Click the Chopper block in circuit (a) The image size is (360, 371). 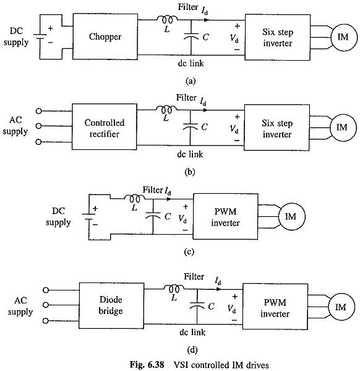[105, 37]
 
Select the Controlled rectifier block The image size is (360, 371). [105, 127]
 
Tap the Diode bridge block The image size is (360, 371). [111, 305]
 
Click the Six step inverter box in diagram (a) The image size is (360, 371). [278, 37]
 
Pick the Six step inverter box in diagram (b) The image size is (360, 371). [276, 128]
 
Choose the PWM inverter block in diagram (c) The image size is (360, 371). [226, 217]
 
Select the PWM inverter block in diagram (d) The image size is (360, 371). [275, 307]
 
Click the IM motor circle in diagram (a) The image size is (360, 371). [343, 37]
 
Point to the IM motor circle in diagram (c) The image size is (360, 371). [292, 217]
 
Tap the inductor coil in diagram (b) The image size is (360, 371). [166, 109]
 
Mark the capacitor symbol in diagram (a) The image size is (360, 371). [192, 37]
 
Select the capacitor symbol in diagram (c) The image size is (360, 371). [153, 216]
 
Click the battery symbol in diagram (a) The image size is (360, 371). [40, 37]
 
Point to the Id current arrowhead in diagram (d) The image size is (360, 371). [219, 289]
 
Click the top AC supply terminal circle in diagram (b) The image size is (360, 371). [38, 111]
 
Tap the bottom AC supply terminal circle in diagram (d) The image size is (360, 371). [46, 321]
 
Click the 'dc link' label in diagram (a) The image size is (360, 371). [191, 63]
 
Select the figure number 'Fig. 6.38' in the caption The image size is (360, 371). [147, 365]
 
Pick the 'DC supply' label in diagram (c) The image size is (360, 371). [58, 217]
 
